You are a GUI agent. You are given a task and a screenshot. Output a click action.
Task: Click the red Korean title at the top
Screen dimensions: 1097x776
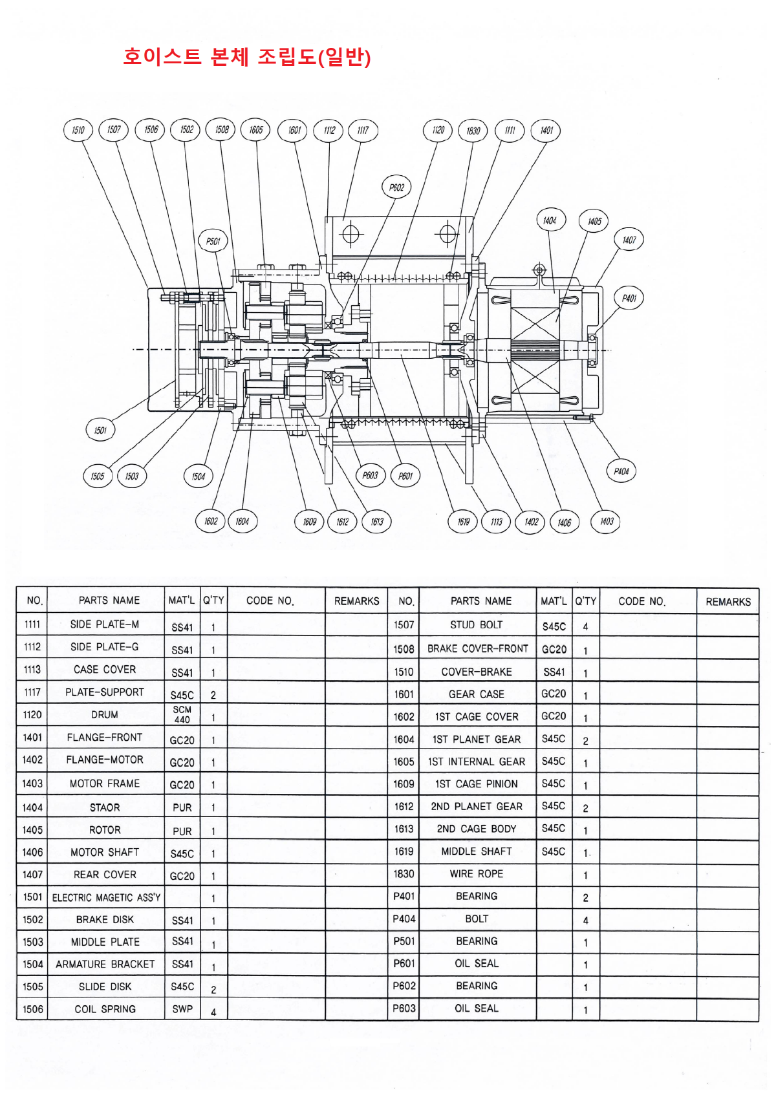pos(246,57)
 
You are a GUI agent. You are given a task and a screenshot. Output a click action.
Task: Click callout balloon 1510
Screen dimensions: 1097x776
pos(78,130)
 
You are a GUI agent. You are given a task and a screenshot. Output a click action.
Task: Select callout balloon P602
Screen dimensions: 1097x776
pos(396,187)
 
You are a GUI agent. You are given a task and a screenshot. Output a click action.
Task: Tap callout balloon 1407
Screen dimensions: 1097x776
pos(629,240)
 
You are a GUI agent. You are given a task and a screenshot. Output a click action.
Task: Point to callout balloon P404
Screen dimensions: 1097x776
pos(621,471)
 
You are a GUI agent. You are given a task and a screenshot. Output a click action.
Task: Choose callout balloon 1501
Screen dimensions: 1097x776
pos(100,430)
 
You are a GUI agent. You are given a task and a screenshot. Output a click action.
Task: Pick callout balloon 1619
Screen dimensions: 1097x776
pos(463,522)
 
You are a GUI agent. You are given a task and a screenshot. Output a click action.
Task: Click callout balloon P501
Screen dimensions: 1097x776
pos(213,241)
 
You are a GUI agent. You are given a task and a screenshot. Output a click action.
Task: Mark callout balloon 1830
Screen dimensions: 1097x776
pos(473,131)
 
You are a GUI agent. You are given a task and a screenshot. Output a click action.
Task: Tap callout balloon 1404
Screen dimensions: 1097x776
pos(550,220)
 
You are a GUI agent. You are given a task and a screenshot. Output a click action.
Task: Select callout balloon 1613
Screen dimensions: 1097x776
pos(377,522)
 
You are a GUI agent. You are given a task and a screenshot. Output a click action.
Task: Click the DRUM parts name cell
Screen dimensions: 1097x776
pos(105,714)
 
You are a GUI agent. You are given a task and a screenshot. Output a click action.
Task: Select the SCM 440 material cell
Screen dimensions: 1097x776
pos(182,714)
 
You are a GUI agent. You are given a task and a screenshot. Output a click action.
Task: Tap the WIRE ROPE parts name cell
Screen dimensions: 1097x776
pos(477,874)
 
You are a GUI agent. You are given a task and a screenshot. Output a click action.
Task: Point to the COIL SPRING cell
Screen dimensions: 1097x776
pos(105,1009)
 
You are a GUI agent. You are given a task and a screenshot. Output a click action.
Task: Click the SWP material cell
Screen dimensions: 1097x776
pos(182,1009)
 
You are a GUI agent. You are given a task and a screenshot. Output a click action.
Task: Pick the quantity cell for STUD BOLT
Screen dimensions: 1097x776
pos(585,626)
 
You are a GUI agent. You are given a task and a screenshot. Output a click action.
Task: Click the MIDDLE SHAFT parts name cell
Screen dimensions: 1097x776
pos(477,851)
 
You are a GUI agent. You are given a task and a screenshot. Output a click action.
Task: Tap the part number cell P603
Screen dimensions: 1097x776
pos(404,1008)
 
